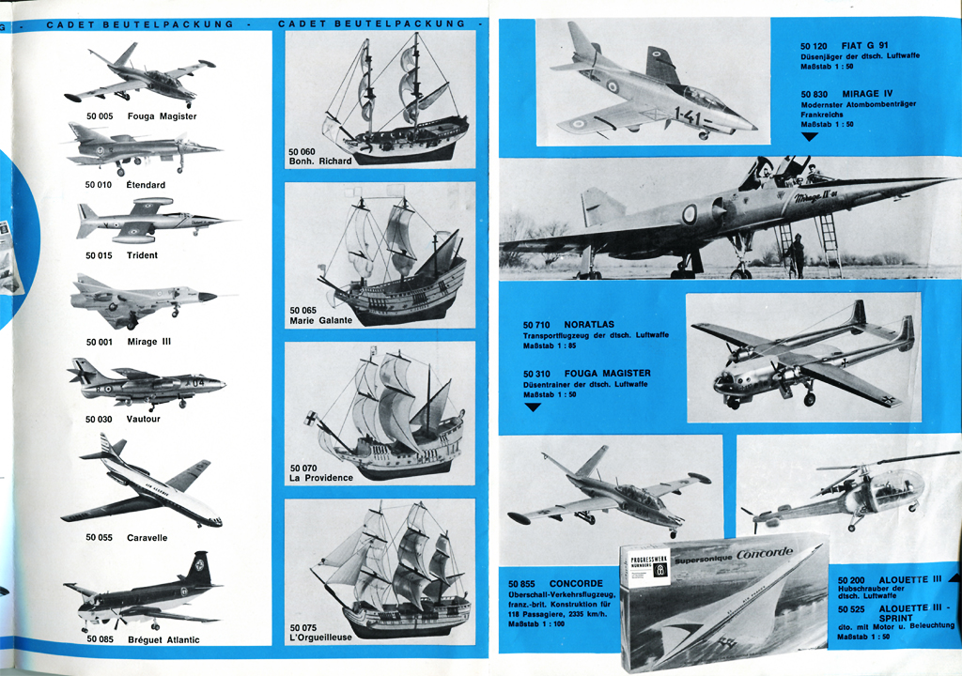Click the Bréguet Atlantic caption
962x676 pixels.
click(162, 639)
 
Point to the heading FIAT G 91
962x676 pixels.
click(864, 45)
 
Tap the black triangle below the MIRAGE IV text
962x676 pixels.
click(810, 136)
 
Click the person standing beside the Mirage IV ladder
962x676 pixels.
click(797, 254)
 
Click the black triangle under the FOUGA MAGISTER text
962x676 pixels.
click(533, 407)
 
